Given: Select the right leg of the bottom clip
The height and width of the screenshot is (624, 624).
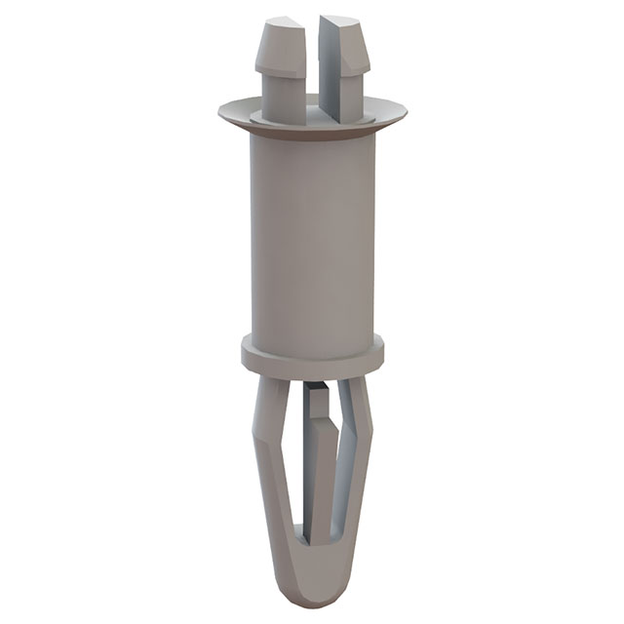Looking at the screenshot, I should click(x=359, y=468).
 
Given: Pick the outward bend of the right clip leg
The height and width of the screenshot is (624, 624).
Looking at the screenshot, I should click(x=369, y=429).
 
